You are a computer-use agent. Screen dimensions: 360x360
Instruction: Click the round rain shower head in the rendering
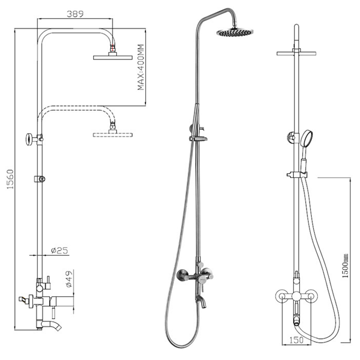pos(235,33)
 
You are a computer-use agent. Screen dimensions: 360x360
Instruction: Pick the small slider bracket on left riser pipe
pos(40,180)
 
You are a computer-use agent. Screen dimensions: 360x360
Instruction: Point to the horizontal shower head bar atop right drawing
pos(297,52)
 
